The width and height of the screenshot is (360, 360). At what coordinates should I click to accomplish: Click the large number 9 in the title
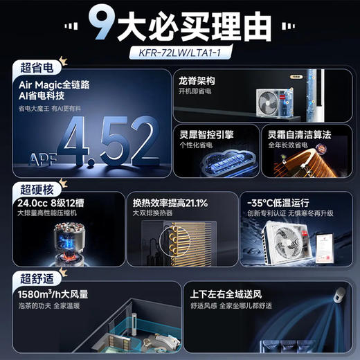(x=105, y=26)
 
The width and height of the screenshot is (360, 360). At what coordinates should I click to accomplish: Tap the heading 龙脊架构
(x=197, y=80)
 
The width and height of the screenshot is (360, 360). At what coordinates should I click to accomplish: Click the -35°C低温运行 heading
(x=283, y=203)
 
